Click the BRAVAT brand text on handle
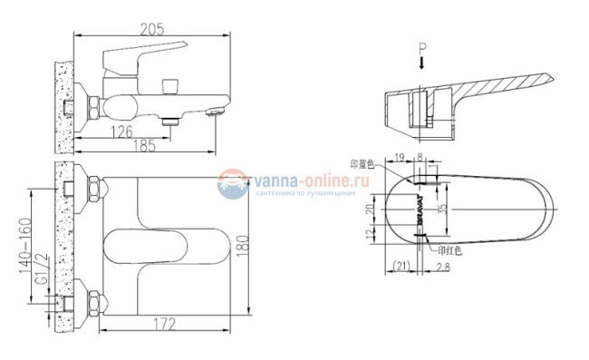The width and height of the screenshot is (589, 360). click(x=421, y=208)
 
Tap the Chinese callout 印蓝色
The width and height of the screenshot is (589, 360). click(x=362, y=164)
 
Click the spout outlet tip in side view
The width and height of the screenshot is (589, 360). click(x=216, y=113)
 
